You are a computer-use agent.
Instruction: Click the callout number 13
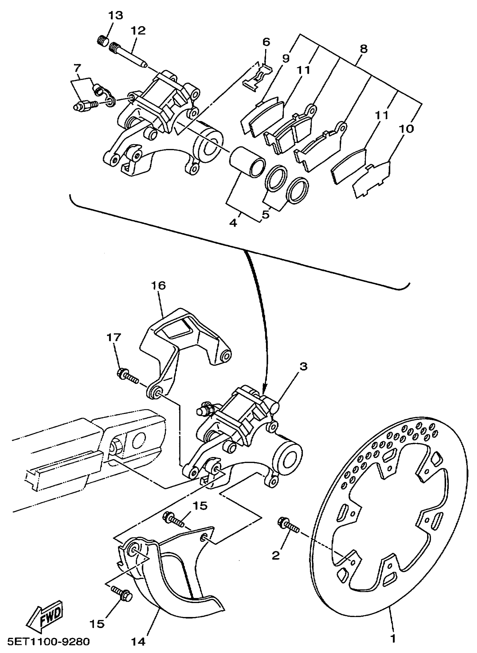116,16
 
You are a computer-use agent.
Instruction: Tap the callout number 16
158,286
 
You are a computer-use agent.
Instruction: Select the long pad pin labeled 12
129,56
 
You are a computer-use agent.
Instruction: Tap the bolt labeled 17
127,376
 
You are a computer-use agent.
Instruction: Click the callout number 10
407,129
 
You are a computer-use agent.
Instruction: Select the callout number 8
364,49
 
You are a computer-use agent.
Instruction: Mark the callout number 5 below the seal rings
265,215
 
